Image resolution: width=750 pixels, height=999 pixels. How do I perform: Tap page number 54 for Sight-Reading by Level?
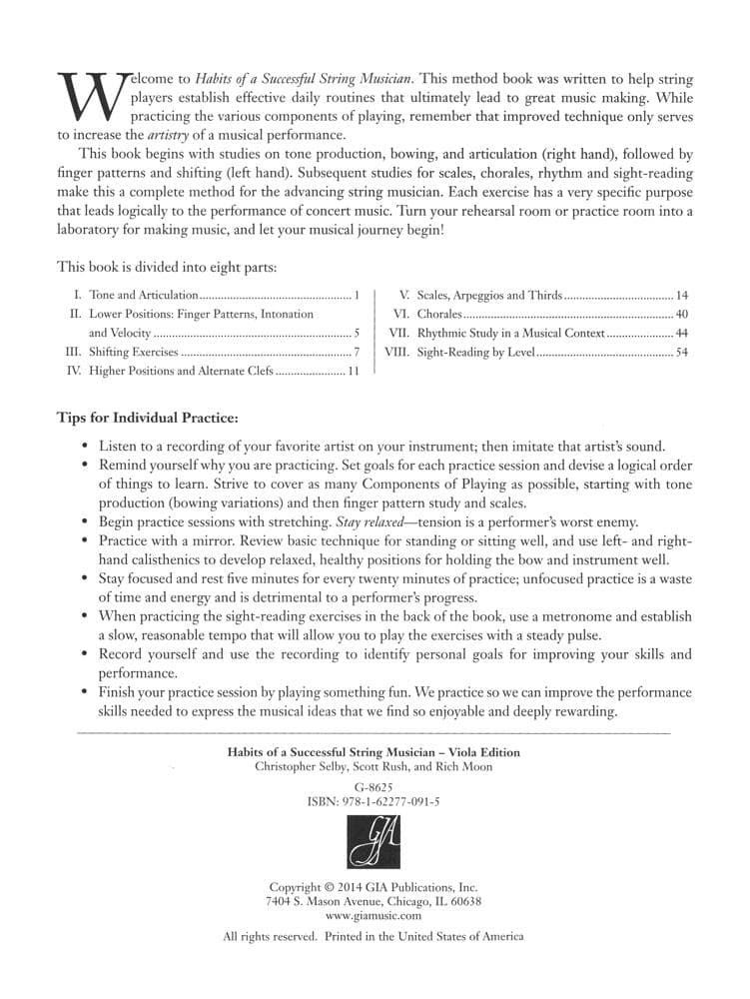[681, 352]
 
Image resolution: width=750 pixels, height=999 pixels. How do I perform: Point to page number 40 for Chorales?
[681, 315]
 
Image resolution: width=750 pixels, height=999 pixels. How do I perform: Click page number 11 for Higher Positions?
[353, 371]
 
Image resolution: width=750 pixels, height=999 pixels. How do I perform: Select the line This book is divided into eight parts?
[158, 267]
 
